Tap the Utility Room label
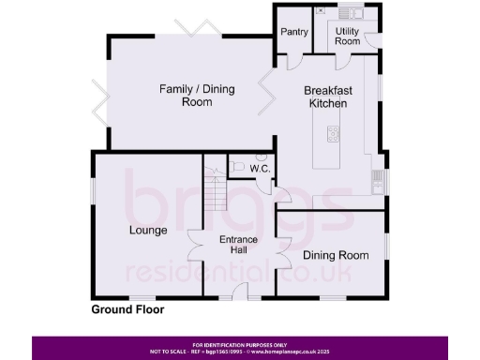[x=348, y=36]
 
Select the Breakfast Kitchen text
[x=328, y=97]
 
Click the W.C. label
[x=261, y=169]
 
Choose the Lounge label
[x=148, y=230]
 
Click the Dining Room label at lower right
[x=331, y=253]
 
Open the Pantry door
[x=292, y=58]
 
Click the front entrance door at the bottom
[x=239, y=296]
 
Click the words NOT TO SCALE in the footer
[x=169, y=352]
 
